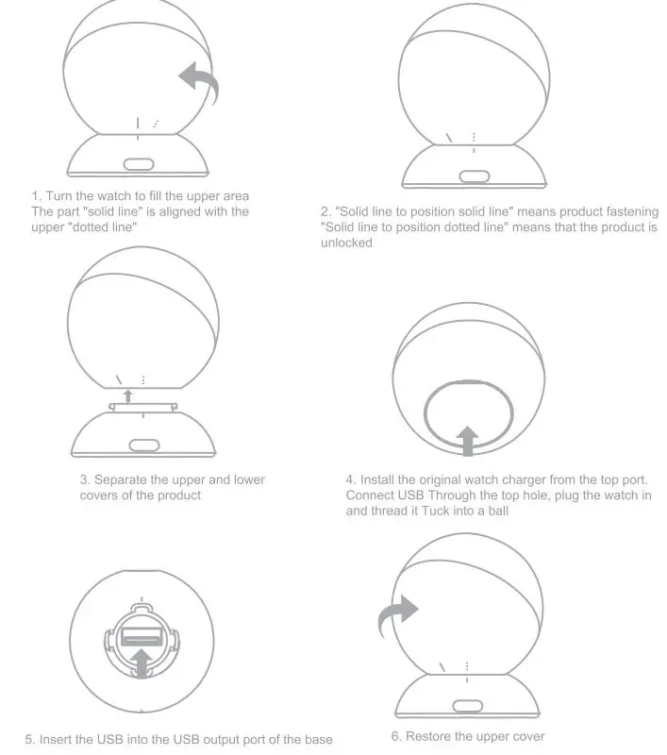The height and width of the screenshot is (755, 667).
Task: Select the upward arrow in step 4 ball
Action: pyautogui.click(x=467, y=440)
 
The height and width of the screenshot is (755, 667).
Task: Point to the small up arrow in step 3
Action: pyautogui.click(x=128, y=394)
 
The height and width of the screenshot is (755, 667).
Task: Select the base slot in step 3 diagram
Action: pyautogui.click(x=142, y=445)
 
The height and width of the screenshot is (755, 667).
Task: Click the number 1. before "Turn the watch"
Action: pyautogui.click(x=37, y=195)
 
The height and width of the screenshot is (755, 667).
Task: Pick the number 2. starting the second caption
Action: pyautogui.click(x=325, y=210)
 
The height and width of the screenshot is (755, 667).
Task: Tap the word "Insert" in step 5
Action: pyautogui.click(x=58, y=739)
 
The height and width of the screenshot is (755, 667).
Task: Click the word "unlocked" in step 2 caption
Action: pyautogui.click(x=347, y=243)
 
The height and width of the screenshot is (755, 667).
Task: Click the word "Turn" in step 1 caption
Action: pyautogui.click(x=62, y=195)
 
